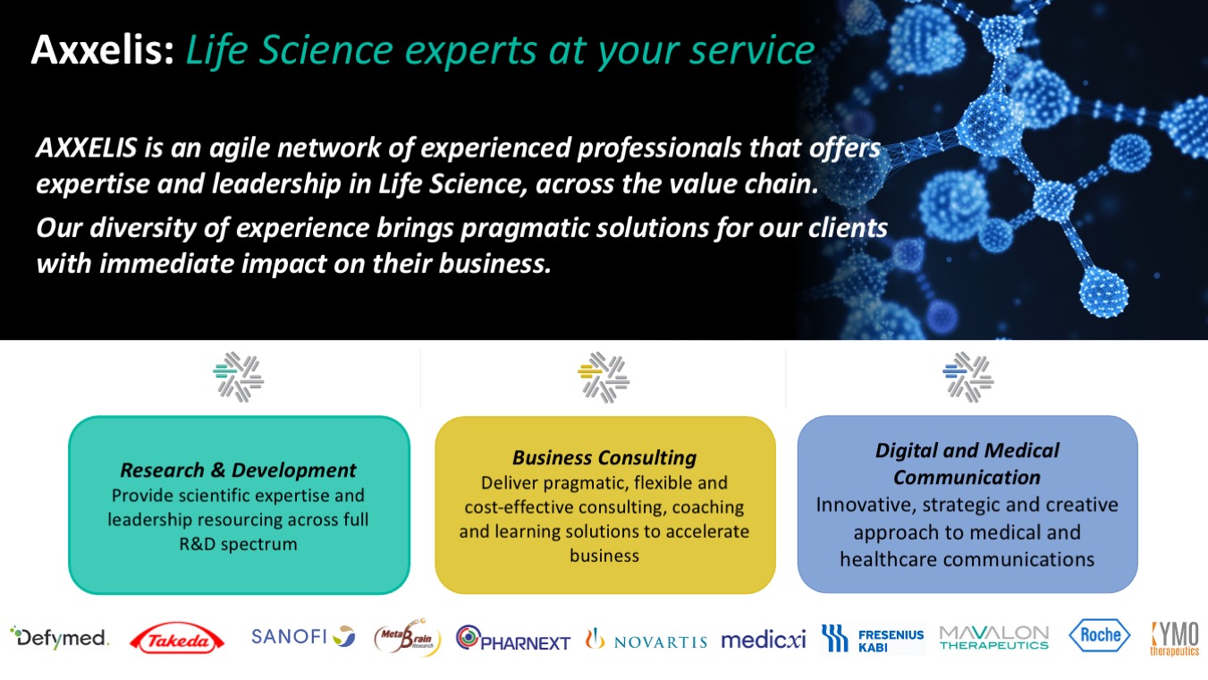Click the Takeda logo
click(x=177, y=639)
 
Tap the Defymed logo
click(x=59, y=637)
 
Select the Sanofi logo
click(x=303, y=636)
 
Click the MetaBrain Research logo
click(x=408, y=637)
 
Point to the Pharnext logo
click(x=513, y=638)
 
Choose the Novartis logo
click(x=646, y=639)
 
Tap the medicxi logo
click(x=763, y=640)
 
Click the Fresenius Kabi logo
click(x=873, y=639)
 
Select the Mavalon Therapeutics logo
click(x=994, y=637)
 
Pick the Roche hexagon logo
click(x=1099, y=635)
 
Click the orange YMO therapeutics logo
click(x=1175, y=639)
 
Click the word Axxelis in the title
click(x=103, y=49)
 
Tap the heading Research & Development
click(x=238, y=470)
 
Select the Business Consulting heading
click(x=604, y=457)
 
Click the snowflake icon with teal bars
click(x=239, y=377)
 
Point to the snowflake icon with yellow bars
click(x=604, y=378)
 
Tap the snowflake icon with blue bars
click(x=968, y=378)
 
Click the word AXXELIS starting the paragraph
click(x=86, y=148)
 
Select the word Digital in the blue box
click(x=906, y=451)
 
